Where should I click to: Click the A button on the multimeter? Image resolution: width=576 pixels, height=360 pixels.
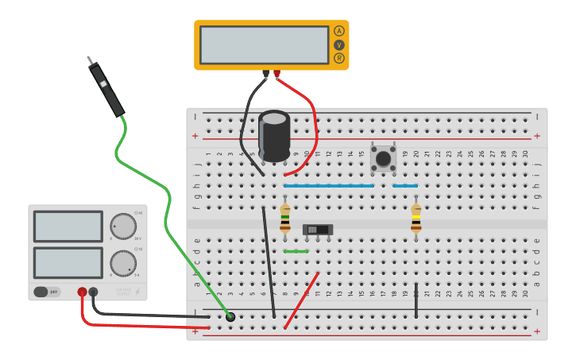coord(339,31)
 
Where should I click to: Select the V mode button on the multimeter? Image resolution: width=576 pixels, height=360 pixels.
coord(339,45)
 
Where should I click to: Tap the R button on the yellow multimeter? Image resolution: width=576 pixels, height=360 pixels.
coord(339,58)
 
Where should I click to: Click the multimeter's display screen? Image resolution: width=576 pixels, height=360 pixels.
coord(264,45)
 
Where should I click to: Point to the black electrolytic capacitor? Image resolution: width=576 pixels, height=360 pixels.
coord(274,137)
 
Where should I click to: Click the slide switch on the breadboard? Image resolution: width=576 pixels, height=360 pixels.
coord(318,230)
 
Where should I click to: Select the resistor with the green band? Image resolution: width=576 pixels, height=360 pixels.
coord(285,219)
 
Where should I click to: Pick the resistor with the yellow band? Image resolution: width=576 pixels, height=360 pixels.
coord(416,219)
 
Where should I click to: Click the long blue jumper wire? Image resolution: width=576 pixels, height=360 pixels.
coord(329,186)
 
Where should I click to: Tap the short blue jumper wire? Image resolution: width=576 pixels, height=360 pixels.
coord(405,186)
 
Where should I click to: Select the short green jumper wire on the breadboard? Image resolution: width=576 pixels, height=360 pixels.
coord(296,251)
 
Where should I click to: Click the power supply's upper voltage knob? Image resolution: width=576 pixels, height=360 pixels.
coord(122,226)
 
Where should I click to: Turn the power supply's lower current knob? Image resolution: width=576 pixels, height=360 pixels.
coord(122,263)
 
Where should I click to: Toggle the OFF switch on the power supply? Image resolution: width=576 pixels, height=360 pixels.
coord(47,292)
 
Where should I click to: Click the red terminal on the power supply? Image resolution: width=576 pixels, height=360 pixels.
coord(82,292)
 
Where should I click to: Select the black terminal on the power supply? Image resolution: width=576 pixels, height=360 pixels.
coord(94,292)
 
